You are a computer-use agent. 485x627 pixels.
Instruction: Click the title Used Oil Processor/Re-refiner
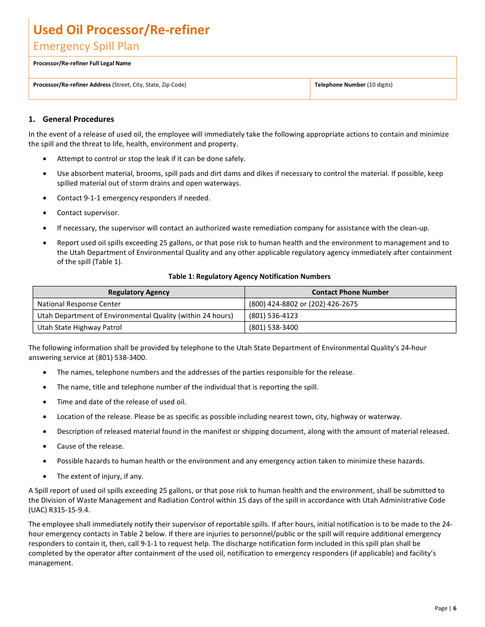coord(122,30)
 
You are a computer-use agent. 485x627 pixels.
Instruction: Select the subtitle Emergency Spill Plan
coord(86,46)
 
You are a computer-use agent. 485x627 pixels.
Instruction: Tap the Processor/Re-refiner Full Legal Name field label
coord(82,64)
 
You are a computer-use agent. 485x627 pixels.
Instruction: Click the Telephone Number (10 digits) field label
coord(353,85)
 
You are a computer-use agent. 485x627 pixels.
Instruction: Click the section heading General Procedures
coord(78,119)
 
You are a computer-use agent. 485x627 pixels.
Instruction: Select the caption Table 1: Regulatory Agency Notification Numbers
coord(249,277)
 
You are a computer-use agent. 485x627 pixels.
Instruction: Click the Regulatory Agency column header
coord(139,293)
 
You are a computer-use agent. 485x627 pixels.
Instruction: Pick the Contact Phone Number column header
coord(350,293)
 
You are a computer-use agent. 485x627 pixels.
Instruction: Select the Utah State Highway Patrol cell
coord(80,328)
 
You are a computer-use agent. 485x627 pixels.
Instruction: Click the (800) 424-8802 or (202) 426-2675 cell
coord(303,304)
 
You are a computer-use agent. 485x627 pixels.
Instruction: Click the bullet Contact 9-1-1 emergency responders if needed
coord(133,198)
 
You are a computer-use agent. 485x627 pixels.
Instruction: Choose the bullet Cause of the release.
coord(90,447)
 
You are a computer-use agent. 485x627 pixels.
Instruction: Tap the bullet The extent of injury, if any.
coord(100,477)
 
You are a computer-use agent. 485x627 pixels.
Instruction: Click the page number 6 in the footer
coord(454,608)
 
